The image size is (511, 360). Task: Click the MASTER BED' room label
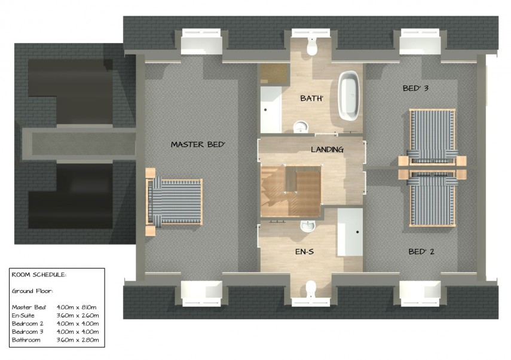[x=198, y=144]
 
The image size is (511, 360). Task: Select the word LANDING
[x=327, y=150]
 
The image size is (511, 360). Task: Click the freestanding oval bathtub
[x=348, y=96]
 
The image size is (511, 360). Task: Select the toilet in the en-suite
[x=310, y=289]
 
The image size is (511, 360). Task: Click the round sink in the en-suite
[x=307, y=225]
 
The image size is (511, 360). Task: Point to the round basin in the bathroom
[x=300, y=126]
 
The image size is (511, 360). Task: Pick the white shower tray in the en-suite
[x=350, y=231]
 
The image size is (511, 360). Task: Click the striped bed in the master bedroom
[x=175, y=201]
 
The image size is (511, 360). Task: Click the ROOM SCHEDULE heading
[x=39, y=275]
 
